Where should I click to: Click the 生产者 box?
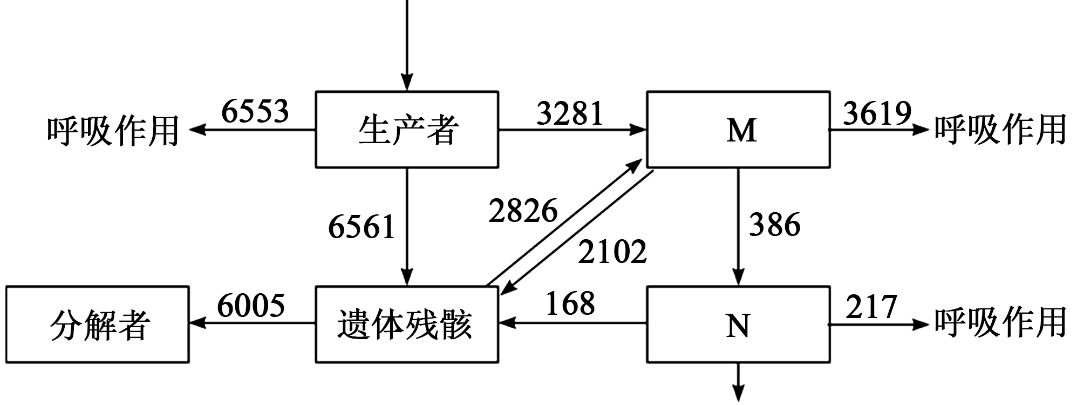pos(407,130)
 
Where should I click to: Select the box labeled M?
pos(738,130)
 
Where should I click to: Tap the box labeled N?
pos(738,325)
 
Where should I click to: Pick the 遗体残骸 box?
pos(407,325)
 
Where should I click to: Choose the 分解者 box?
pos(98,325)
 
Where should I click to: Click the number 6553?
pos(255,112)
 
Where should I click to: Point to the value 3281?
pos(570,113)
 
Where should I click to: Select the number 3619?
pos(877,113)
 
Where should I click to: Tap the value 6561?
pos(362,226)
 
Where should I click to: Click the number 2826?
pos(523,211)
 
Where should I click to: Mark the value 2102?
pos(612,252)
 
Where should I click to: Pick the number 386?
pos(774,225)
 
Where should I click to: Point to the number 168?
pos(570,303)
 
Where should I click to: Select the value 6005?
pos(251,306)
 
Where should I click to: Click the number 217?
pos(871,307)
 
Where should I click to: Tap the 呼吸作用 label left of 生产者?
pos(113,131)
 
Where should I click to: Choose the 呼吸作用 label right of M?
pos(1000,131)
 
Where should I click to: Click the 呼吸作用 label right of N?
pos(1000,323)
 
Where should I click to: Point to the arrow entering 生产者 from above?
pos(407,43)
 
